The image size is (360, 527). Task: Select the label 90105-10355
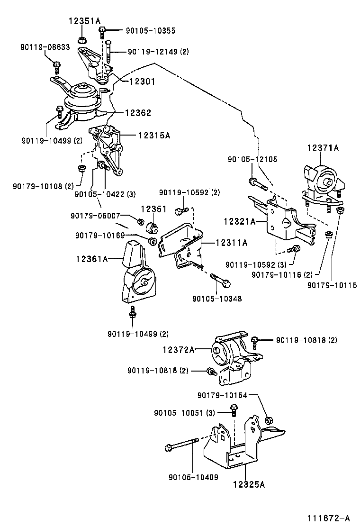[x=150, y=31]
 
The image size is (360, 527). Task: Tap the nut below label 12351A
[x=81, y=39]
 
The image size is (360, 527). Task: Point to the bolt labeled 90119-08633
[x=56, y=65]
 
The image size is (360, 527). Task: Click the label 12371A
[x=323, y=148]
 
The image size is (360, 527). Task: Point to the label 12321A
[x=240, y=221]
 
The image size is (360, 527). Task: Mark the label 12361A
[x=92, y=259]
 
